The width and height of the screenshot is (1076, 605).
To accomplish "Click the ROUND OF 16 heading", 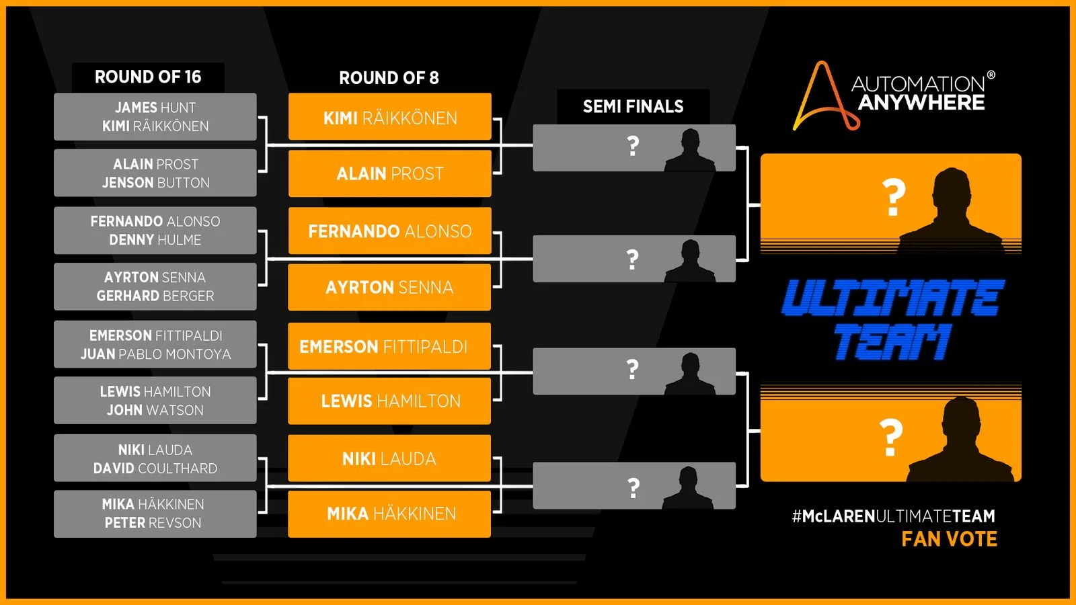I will (148, 77).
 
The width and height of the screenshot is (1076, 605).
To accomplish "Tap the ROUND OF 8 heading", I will (389, 78).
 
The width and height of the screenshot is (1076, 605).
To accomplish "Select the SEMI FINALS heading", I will (633, 106).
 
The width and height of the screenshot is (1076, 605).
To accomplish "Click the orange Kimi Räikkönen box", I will (390, 118).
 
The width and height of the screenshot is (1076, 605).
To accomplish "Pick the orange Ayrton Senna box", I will (390, 288).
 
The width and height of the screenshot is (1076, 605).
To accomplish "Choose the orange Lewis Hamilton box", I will (390, 401).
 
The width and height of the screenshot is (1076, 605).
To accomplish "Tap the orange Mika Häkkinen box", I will (390, 514).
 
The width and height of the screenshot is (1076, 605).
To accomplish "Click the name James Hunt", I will (155, 108).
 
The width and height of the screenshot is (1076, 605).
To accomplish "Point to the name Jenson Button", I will (155, 183).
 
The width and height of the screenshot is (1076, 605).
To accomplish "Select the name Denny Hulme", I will (155, 240).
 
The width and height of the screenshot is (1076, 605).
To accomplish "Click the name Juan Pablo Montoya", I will (155, 354).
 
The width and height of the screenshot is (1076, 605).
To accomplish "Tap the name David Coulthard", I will (155, 469).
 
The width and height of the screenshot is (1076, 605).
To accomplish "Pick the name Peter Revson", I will (153, 523).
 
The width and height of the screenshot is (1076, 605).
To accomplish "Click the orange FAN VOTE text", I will (949, 539).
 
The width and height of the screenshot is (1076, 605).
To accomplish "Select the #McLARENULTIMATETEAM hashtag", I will (893, 516).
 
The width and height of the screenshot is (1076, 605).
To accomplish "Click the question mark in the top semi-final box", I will (633, 146).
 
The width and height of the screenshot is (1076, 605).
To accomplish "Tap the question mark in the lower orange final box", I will (891, 437).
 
